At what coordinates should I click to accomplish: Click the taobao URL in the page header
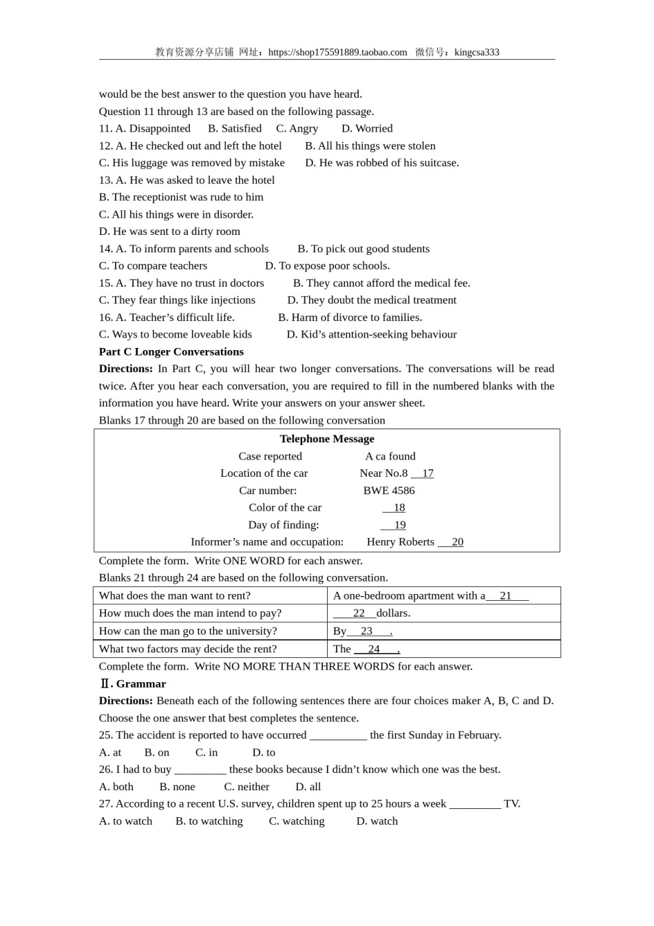tap(337, 52)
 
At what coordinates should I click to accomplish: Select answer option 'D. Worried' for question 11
tap(367, 128)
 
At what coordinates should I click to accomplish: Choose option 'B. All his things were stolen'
tap(370, 145)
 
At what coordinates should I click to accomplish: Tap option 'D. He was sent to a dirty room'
tap(169, 231)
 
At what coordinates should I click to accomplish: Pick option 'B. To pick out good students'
tap(363, 249)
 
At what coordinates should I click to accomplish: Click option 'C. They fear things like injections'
tap(177, 300)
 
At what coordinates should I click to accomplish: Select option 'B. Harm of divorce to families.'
tap(350, 317)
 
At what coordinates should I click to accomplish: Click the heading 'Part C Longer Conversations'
tap(171, 351)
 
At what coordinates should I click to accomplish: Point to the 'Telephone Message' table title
tap(327, 439)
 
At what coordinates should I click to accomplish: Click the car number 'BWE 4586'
tap(389, 491)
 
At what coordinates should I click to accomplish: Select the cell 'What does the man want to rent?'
tap(175, 596)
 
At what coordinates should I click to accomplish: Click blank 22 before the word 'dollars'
tap(355, 613)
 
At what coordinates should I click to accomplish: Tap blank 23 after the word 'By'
tap(368, 631)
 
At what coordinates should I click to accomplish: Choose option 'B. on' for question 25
tap(157, 752)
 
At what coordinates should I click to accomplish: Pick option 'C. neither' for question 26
tap(246, 787)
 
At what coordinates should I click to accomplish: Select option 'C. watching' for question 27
tap(297, 821)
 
